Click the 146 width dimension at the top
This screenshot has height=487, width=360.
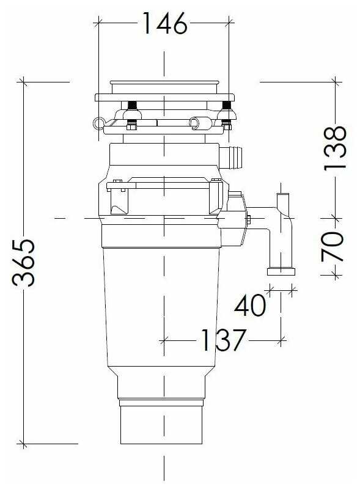(164, 24)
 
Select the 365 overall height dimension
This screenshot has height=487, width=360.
(24, 263)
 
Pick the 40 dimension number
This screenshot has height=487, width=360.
(251, 305)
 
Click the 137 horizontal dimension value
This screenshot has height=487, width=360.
(223, 340)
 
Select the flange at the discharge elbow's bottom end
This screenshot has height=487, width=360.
(282, 269)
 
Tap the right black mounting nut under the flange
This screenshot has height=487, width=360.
(227, 105)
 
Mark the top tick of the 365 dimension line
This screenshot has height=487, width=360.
(24, 81)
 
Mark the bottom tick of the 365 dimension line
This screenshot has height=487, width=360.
(24, 444)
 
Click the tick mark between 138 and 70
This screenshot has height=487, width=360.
(334, 218)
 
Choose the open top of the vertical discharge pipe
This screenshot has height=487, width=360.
(283, 195)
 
